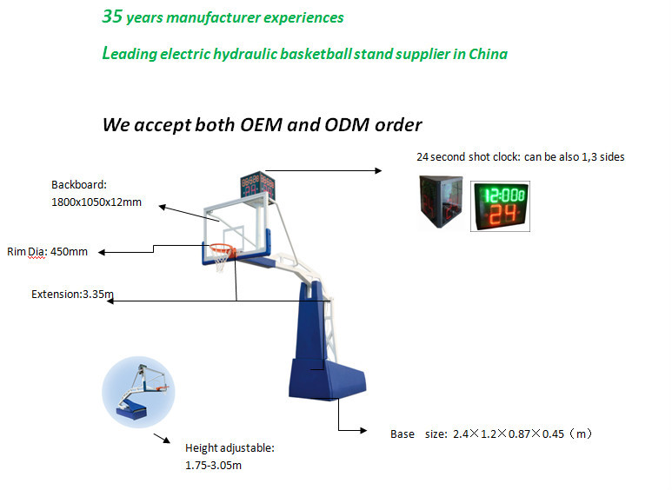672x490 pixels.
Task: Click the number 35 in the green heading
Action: (x=113, y=17)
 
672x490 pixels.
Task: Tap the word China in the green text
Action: (x=489, y=54)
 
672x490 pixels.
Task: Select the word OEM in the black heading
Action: (x=261, y=125)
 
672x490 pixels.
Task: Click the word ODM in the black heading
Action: (x=347, y=125)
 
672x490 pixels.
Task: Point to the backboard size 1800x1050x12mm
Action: (x=96, y=202)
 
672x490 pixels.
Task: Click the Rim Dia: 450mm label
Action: (x=47, y=252)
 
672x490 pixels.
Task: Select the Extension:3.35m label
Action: (x=72, y=295)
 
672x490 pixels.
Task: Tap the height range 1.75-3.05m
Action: (x=214, y=465)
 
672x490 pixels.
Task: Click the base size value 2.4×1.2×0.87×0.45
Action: (x=509, y=434)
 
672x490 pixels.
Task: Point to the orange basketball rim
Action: (x=222, y=248)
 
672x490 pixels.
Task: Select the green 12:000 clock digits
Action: (x=504, y=195)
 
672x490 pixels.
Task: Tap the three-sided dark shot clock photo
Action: (x=441, y=201)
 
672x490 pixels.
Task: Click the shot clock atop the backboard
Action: (x=257, y=184)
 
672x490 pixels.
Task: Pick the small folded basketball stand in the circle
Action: (x=142, y=391)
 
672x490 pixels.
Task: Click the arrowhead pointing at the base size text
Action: (x=363, y=430)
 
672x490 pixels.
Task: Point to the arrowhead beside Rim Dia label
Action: (x=102, y=252)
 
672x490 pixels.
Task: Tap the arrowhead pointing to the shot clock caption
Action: (x=378, y=170)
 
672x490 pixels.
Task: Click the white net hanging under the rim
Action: (x=221, y=260)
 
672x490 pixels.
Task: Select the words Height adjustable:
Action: (x=230, y=448)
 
